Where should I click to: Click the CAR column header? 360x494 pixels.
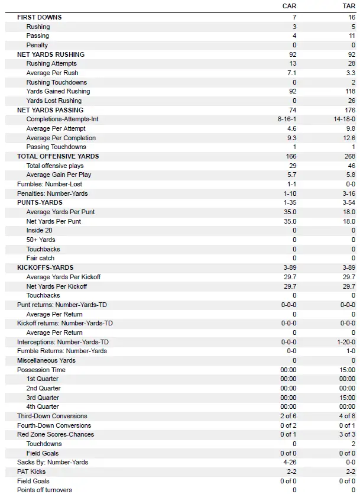(289, 6)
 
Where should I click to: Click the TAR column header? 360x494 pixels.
(349, 6)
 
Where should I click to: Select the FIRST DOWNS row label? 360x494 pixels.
(39, 17)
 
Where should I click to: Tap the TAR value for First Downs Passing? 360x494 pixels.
(352, 36)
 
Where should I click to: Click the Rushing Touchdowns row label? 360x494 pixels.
(56, 82)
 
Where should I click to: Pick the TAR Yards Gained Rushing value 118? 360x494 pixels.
(349, 92)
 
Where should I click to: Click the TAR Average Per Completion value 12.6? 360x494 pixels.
(349, 138)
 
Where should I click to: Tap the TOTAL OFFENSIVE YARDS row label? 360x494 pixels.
(58, 156)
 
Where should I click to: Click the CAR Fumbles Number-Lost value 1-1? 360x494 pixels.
(290, 184)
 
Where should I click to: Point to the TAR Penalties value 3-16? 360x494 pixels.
(348, 193)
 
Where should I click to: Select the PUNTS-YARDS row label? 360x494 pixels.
(40, 202)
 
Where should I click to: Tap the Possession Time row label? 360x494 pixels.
(41, 370)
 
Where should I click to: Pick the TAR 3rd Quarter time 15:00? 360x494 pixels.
(347, 398)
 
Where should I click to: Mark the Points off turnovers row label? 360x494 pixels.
(45, 490)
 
